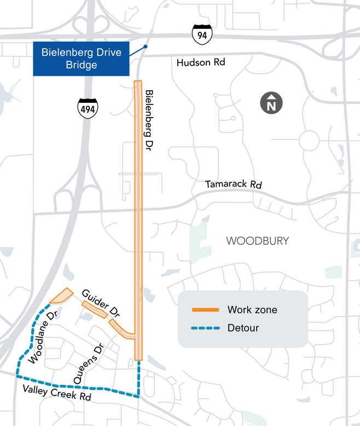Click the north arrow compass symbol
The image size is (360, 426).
271,103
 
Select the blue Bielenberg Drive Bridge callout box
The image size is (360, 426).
82,59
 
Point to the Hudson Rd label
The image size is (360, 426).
201,63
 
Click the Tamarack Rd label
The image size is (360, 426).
234,185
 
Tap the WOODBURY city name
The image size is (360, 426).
257,241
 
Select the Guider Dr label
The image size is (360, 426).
101,301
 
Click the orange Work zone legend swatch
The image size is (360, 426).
205,310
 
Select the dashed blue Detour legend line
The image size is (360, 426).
205,328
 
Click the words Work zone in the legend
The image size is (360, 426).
252,310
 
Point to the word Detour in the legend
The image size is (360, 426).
243,328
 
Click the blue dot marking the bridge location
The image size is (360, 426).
145,47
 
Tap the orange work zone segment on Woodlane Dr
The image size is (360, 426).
61,296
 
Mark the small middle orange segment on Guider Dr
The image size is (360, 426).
94,309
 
